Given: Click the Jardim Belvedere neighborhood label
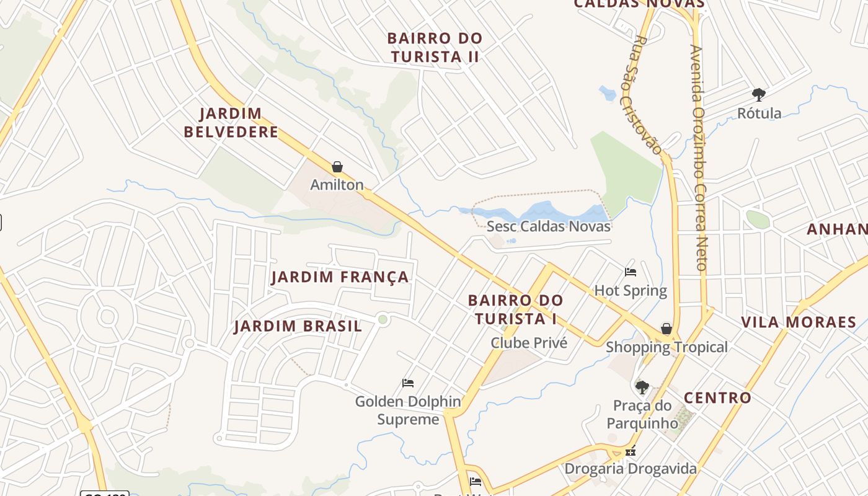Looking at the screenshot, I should click(231, 123).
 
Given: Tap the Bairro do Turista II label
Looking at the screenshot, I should click(435, 47).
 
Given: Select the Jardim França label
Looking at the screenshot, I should click(340, 277).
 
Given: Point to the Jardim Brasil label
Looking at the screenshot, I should click(298, 327).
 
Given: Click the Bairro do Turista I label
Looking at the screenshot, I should click(515, 309).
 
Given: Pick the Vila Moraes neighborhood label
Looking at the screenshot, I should click(799, 322).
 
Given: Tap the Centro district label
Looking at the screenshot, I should click(717, 398).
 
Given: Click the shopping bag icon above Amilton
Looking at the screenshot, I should click(337, 167).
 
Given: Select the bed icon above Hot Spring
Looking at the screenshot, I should click(631, 272).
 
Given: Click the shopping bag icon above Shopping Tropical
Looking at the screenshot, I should click(666, 329).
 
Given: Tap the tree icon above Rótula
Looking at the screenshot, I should click(758, 95).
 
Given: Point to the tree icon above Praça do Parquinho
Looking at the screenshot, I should click(642, 387).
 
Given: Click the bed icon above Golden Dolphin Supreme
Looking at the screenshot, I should click(408, 383).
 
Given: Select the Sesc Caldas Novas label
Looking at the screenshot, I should click(549, 226).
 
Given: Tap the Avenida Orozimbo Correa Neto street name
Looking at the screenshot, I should click(699, 158).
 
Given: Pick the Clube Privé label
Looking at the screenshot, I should click(529, 343).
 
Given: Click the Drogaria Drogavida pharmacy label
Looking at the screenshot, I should click(631, 469).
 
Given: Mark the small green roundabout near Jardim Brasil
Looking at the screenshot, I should click(383, 319).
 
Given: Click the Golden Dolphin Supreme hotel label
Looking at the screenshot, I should click(408, 410).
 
